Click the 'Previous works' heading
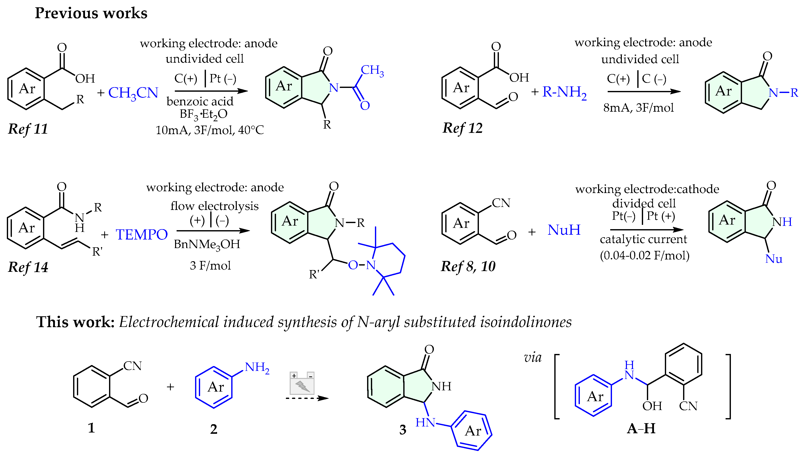pyautogui.click(x=91, y=13)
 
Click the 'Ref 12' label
pyautogui.click(x=462, y=128)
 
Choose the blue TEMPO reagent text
pyautogui.click(x=142, y=234)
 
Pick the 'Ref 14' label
pyautogui.click(x=28, y=267)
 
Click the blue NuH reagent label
pyautogui.click(x=564, y=230)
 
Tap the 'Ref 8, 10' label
pyautogui.click(x=468, y=266)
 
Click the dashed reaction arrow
pyautogui.click(x=307, y=398)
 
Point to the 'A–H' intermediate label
pyautogui.click(x=641, y=428)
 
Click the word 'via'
pyautogui.click(x=533, y=357)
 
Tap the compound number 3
pyautogui.click(x=403, y=430)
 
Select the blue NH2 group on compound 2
pyautogui.click(x=257, y=368)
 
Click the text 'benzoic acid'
pyautogui.click(x=200, y=102)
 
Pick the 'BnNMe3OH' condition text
pyautogui.click(x=207, y=244)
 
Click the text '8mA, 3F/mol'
pyautogui.click(x=638, y=108)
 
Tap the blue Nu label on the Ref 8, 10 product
pyautogui.click(x=773, y=259)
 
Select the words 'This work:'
pyautogui.click(x=75, y=322)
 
